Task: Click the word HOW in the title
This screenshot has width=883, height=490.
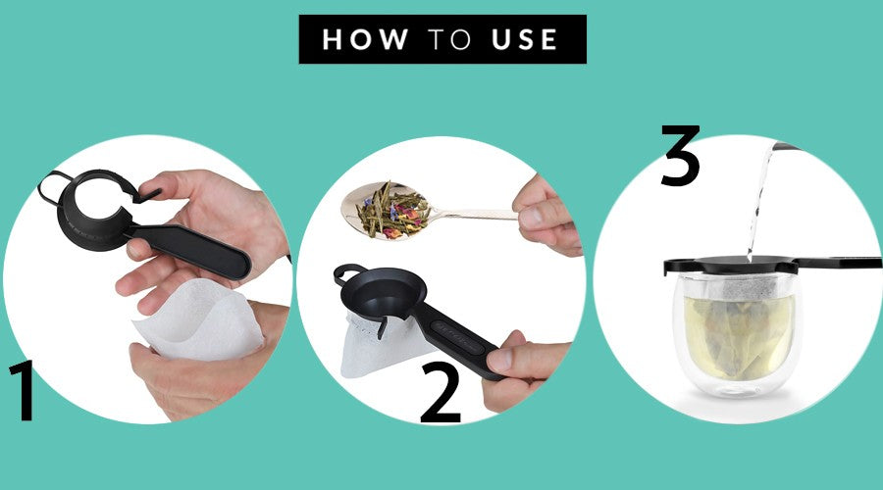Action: tap(365, 39)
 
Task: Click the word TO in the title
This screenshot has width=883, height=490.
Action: tap(449, 39)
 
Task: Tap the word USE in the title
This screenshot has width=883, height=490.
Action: tap(524, 39)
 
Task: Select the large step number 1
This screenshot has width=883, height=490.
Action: tap(24, 390)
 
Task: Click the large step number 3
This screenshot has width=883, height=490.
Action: tap(680, 155)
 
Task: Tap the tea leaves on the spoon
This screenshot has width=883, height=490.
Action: tap(392, 211)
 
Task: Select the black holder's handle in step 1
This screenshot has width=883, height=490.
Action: tap(191, 251)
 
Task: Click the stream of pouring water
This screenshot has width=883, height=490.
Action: tap(757, 203)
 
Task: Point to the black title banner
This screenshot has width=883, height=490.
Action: tap(442, 39)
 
